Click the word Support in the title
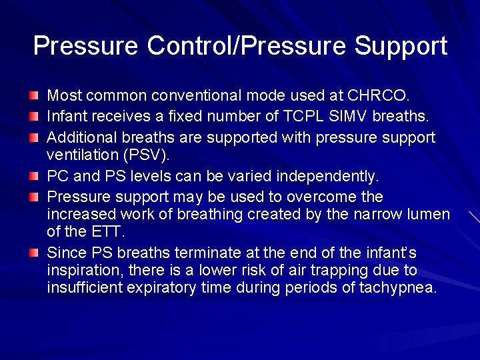(x=401, y=46)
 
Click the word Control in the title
(x=189, y=46)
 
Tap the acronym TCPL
(x=297, y=116)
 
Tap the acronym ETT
(x=106, y=232)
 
